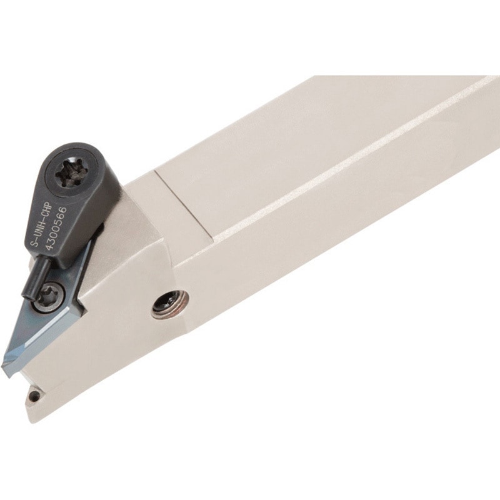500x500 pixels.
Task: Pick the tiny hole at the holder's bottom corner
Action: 32,396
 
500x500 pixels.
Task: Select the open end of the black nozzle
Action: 26,296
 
